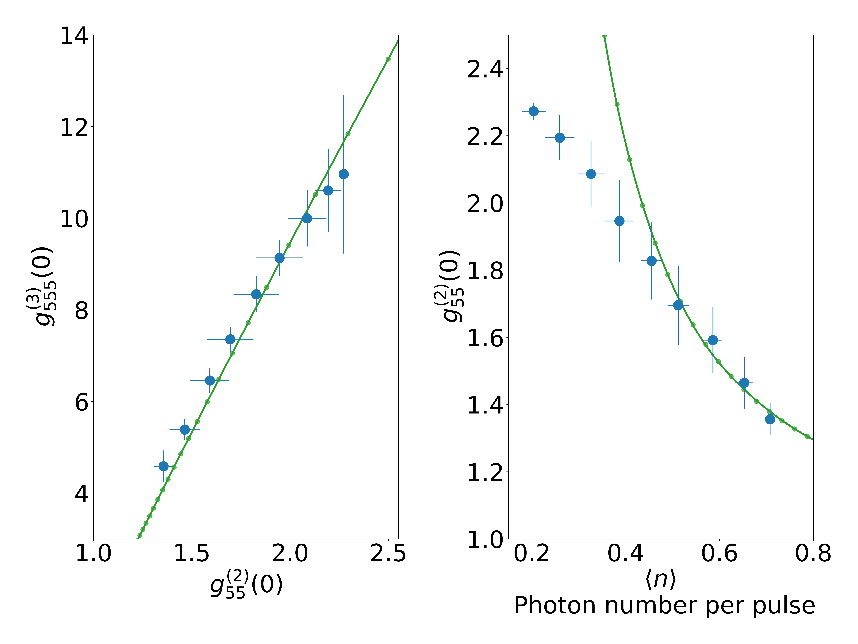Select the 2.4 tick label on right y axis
[x=485, y=70]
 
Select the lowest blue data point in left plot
[x=164, y=466]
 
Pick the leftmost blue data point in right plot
[x=533, y=111]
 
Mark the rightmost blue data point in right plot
[x=770, y=419]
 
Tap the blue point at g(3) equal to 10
[x=307, y=219]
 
